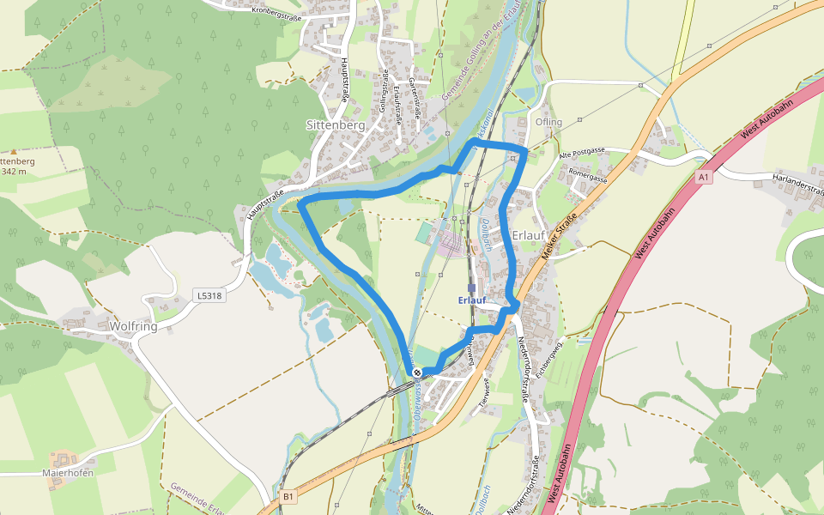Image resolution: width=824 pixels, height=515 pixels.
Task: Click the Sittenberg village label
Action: pos(336,124)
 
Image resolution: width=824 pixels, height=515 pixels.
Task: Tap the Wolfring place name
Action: pos(133,327)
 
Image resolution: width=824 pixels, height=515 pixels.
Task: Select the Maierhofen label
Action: pos(68,472)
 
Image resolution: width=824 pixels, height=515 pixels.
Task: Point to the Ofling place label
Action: pos(548,122)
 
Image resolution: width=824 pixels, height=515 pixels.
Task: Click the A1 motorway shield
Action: pos(704,177)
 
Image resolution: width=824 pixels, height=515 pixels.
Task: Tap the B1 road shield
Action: pos(288,496)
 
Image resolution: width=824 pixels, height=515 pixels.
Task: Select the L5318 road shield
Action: pos(209,295)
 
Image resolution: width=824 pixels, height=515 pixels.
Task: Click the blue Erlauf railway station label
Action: pos(472,300)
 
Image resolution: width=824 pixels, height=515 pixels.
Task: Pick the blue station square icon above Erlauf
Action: pos(472,288)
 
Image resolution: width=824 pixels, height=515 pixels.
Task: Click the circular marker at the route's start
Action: pos(417,373)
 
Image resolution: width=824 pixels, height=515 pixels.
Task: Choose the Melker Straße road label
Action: pos(558,239)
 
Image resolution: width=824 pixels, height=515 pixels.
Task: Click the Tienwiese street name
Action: pos(485,391)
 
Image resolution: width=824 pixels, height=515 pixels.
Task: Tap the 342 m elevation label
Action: pos(14,171)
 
